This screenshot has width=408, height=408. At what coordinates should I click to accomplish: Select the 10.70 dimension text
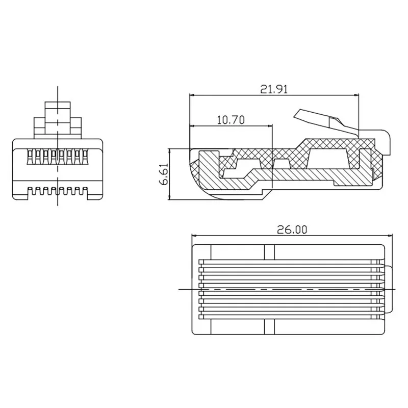coord(231,120)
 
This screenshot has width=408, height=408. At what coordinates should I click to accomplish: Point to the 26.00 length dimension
coord(293,230)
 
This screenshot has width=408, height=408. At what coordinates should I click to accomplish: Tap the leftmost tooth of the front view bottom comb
coord(31,192)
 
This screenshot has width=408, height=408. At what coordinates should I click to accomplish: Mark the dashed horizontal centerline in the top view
coord(286,289)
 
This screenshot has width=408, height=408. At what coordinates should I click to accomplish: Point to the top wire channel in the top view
coord(291,264)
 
